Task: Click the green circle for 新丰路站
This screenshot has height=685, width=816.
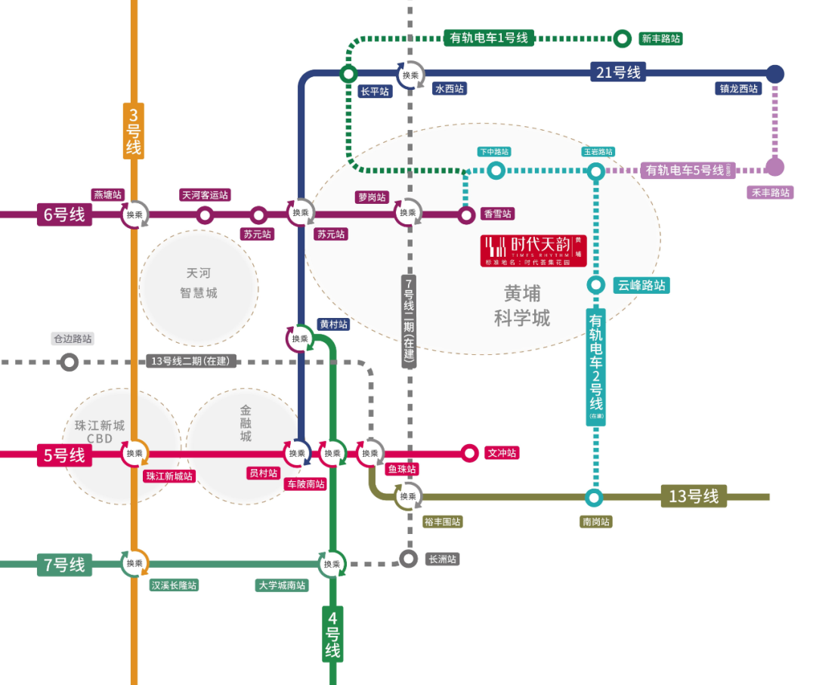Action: [x=623, y=38]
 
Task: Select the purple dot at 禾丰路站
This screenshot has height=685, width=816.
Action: [x=774, y=167]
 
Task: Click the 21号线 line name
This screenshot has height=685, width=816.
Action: [x=618, y=73]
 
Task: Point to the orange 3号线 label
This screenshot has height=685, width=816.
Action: [x=134, y=131]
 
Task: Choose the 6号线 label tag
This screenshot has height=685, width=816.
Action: [x=64, y=214]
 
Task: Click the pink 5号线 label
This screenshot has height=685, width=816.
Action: [x=64, y=455]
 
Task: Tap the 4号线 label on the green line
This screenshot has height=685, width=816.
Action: [x=332, y=634]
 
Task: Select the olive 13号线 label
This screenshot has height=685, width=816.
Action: [x=694, y=496]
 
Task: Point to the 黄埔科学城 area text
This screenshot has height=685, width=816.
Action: [x=522, y=305]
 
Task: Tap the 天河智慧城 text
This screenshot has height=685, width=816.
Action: [x=199, y=283]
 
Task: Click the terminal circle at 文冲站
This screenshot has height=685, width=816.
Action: [x=470, y=453]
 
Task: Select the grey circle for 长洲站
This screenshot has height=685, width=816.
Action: [x=408, y=559]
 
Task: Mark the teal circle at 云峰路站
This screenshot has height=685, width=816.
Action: [x=595, y=285]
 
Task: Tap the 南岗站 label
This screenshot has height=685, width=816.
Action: [x=596, y=522]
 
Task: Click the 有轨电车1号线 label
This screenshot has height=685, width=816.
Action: [x=489, y=38]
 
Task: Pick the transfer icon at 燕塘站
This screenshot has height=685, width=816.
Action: [x=134, y=214]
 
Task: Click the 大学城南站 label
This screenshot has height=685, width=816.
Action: [x=281, y=585]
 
